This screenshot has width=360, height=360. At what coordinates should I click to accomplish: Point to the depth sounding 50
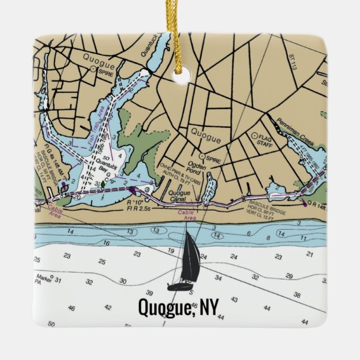(51, 324)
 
